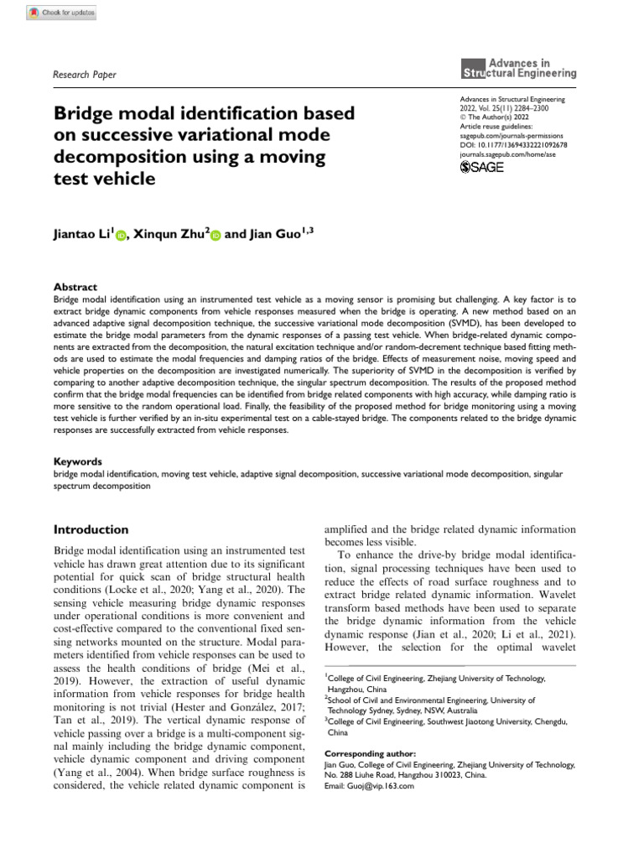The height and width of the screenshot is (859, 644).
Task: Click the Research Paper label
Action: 85,75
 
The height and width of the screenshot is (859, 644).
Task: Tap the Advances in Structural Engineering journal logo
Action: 519,68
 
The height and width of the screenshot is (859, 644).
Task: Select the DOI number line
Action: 514,144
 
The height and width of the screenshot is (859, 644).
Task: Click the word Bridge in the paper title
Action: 86,112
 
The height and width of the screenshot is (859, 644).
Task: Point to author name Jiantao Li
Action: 81,234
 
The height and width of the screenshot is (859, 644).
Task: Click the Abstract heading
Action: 75,286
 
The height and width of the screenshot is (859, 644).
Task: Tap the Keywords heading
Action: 78,461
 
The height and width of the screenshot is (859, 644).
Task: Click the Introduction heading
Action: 91,529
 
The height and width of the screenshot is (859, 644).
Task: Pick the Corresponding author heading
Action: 369,754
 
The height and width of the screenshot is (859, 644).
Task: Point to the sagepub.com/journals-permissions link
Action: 512,135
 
